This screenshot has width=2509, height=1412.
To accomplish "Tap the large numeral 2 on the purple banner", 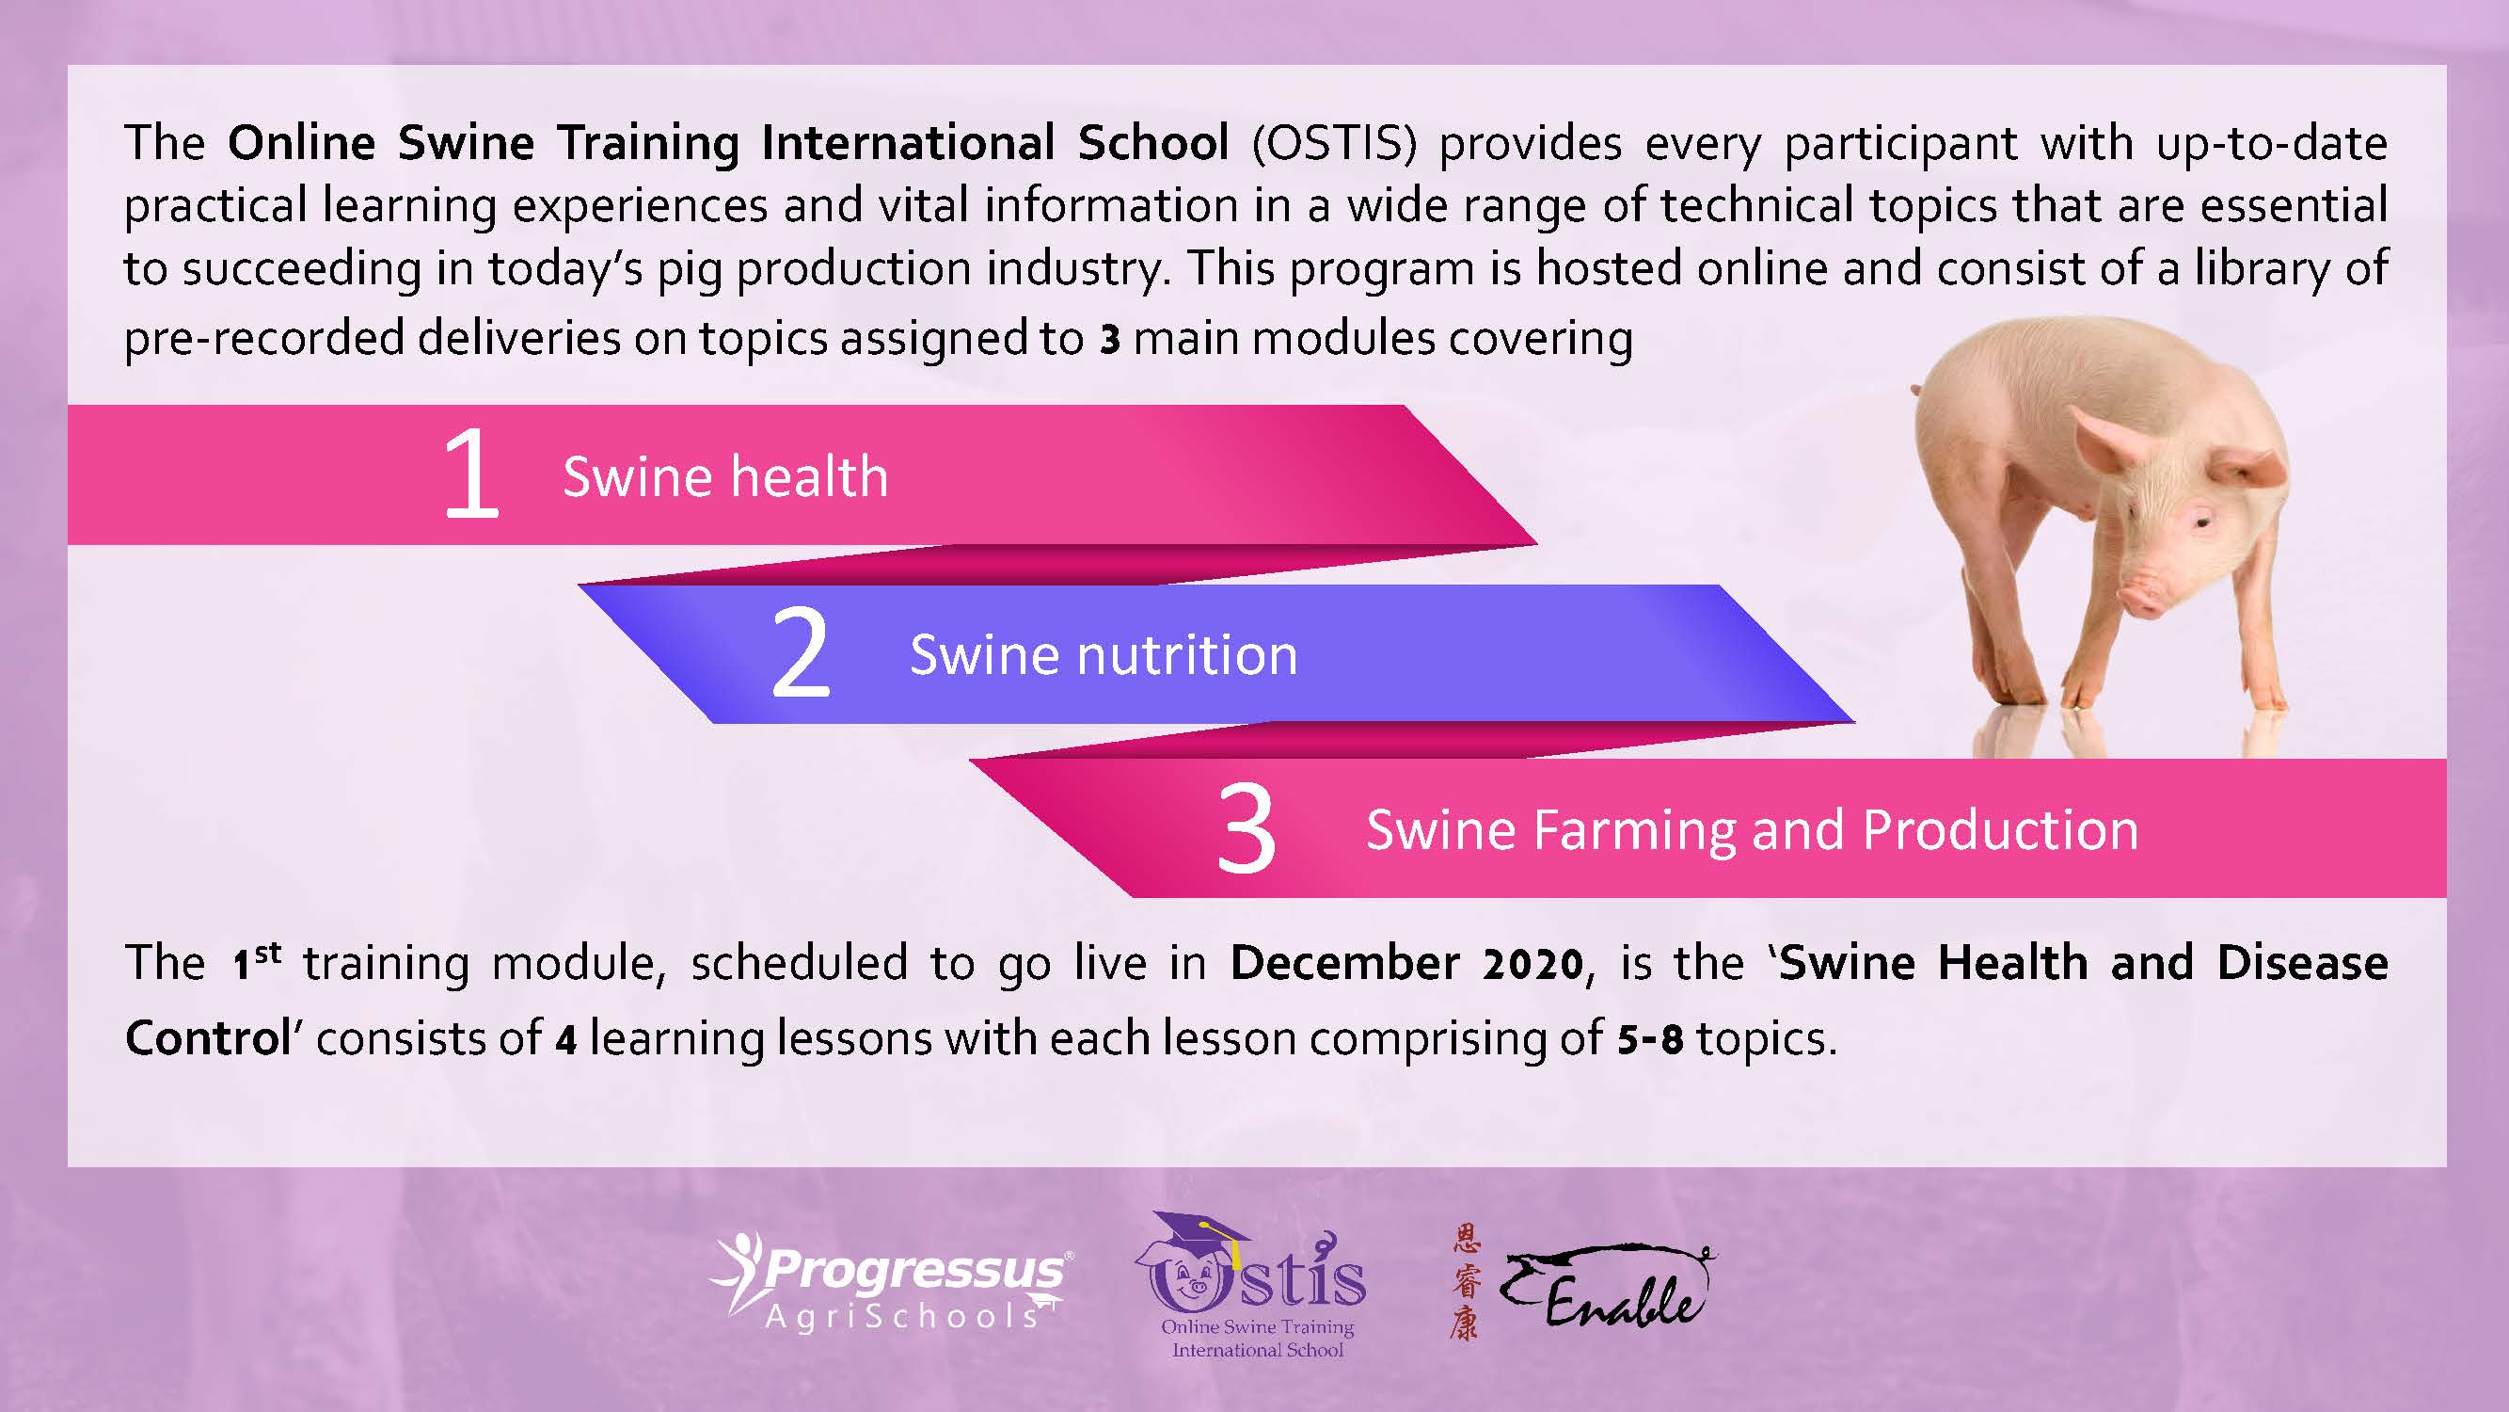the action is pos(800,652).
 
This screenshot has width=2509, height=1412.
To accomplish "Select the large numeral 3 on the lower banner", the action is pos(1246,828).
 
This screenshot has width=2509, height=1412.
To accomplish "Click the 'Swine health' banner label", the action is pos(725,476).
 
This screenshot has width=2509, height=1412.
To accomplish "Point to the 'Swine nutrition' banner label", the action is pos(1104,654).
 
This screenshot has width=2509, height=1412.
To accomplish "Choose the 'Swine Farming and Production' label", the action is pos(1753,830).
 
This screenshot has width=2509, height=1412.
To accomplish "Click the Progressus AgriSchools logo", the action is pos(891,1280).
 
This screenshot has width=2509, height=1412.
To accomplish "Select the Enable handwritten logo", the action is pos(1607,1286).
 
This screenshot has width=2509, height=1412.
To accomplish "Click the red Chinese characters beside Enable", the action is pos(1465,1282).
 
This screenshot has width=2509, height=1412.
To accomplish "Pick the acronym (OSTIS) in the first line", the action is pos(1334,143).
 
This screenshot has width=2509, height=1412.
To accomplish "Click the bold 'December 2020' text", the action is pos(1407,964).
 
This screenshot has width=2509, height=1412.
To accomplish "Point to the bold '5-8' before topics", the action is pos(1650,1039).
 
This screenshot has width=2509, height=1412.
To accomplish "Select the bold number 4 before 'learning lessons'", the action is pos(566,1040).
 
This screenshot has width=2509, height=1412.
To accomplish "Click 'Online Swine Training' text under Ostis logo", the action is pos(1258,1326).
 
